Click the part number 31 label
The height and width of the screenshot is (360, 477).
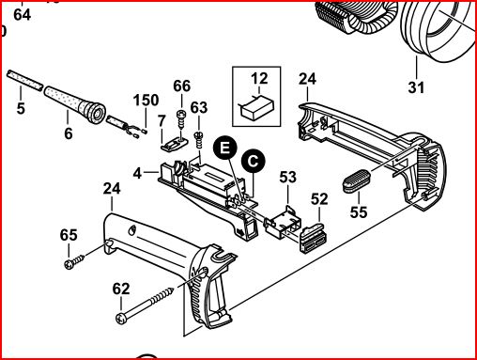pos(416,87)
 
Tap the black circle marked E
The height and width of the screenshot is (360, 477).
pos(224,148)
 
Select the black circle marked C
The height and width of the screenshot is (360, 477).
pos(253,161)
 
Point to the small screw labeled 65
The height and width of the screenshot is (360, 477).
pos(74,261)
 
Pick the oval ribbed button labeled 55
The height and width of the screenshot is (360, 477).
pos(357,180)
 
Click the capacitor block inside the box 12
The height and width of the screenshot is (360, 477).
pos(257,108)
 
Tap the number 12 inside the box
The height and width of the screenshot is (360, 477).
pos(259,78)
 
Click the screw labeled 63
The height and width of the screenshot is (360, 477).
pos(199,141)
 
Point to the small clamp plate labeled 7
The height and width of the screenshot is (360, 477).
pos(174,143)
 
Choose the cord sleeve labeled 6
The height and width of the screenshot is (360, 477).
pos(75,103)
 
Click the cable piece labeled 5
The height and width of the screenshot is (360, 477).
pos(24,80)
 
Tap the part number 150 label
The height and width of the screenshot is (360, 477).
pos(146,101)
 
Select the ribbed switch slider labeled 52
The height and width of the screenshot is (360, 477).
pos(314,237)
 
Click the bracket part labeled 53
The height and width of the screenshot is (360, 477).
pos(283,222)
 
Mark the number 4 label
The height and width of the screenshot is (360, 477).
pos(137,173)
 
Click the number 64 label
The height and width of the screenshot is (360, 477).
pos(23,15)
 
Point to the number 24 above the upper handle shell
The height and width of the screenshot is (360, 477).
pos(307,79)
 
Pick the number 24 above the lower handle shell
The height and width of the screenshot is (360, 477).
pos(112,189)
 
